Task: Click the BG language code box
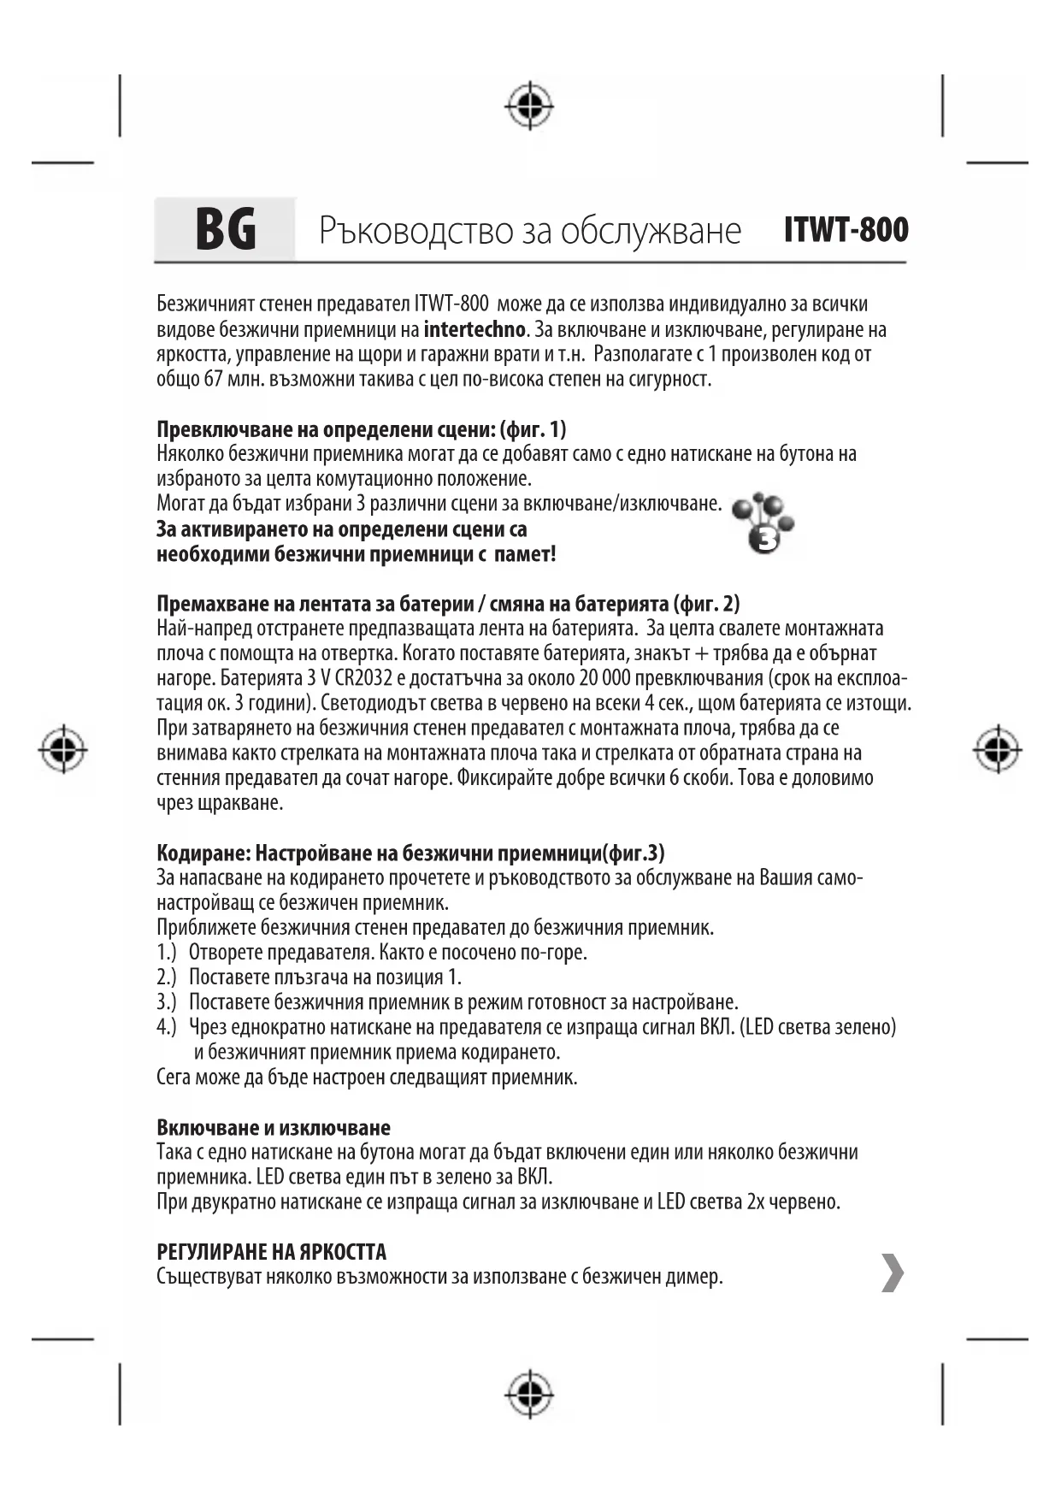pyautogui.click(x=225, y=229)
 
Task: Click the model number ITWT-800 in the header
pyautogui.click(x=846, y=230)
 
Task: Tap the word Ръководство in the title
pyautogui.click(x=408, y=231)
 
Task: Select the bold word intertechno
pyautogui.click(x=474, y=330)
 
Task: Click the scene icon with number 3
pyautogui.click(x=764, y=523)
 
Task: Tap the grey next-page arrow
pyautogui.click(x=892, y=1273)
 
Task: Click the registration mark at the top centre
pyautogui.click(x=529, y=107)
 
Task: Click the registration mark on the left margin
pyautogui.click(x=62, y=750)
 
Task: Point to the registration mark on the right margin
pyautogui.click(x=997, y=750)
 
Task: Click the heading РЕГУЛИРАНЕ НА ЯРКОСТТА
pyautogui.click(x=272, y=1252)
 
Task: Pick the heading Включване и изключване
pyautogui.click(x=274, y=1127)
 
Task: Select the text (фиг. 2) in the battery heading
pyautogui.click(x=707, y=605)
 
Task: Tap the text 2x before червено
pyautogui.click(x=755, y=1202)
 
